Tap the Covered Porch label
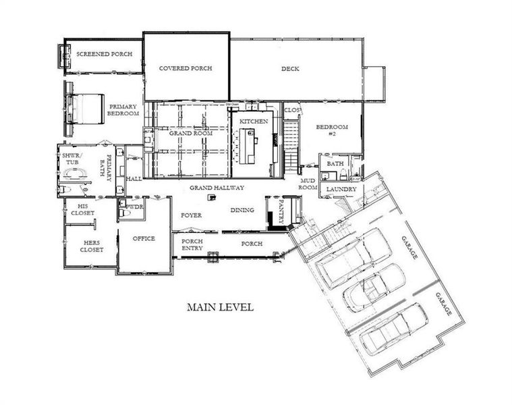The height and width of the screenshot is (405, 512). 186,69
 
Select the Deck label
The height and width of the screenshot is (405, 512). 290,69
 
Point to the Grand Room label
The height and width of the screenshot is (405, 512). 191,134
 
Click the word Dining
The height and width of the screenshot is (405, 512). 242,210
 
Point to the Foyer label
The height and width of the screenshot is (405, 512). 192,215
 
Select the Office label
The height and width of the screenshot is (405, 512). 143,238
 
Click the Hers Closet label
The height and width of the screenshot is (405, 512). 93,246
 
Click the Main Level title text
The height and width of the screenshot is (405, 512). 220,307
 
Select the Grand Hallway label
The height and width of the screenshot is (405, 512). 216,188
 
